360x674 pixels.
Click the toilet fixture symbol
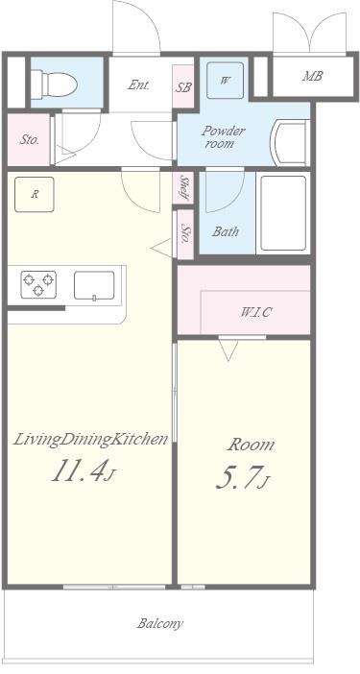click(54, 84)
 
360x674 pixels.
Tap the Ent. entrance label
click(139, 85)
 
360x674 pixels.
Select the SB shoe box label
click(182, 86)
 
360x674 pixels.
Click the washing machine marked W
click(225, 81)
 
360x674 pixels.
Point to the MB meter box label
click(312, 76)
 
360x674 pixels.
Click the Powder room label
click(223, 136)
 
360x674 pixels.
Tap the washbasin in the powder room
click(290, 142)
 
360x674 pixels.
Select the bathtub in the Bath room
click(283, 213)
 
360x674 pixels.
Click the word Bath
click(225, 231)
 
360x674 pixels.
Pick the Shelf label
click(184, 187)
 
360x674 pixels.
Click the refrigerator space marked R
click(35, 194)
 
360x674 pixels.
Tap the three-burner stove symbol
click(38, 284)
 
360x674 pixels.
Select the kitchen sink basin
click(94, 285)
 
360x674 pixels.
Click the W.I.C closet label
click(255, 312)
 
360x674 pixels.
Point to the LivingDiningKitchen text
click(90, 440)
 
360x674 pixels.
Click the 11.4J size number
click(84, 469)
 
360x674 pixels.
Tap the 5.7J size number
click(242, 478)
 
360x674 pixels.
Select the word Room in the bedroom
click(251, 445)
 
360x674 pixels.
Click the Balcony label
click(159, 624)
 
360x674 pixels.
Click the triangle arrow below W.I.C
click(228, 349)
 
